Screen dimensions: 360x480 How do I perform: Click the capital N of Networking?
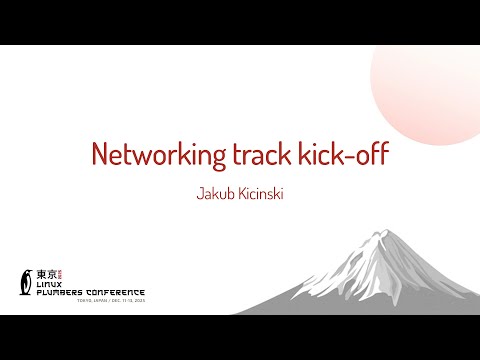101,155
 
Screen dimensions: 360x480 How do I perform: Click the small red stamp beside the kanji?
59,271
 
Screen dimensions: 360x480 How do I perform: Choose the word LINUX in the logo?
50,282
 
